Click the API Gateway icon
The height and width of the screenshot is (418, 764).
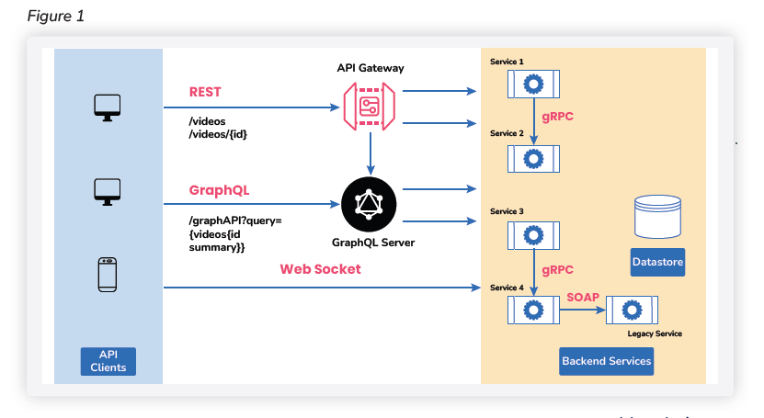click(x=370, y=107)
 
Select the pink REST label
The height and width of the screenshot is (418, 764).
click(x=205, y=92)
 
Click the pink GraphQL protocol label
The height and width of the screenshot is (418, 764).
click(x=219, y=191)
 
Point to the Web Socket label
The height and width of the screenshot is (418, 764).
click(x=320, y=269)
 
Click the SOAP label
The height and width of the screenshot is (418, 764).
click(x=583, y=297)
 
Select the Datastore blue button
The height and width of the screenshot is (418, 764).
click(x=658, y=263)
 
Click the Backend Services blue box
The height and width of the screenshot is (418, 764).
click(x=606, y=360)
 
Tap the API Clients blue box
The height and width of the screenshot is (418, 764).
click(x=108, y=360)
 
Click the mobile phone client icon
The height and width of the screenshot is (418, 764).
click(x=108, y=276)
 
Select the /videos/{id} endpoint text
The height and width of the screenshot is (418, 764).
click(x=218, y=134)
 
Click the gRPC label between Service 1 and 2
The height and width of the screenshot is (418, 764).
click(x=560, y=118)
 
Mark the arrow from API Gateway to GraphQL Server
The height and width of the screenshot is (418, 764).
click(x=370, y=153)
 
